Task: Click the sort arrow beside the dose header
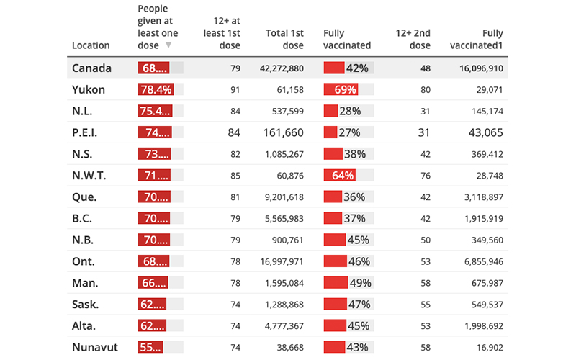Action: [x=168, y=45]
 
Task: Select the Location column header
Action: [x=91, y=45]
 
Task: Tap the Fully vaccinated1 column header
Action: [x=476, y=39]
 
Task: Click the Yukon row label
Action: [x=89, y=90]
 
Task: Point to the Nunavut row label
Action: [x=95, y=347]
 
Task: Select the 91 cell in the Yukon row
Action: [x=235, y=90]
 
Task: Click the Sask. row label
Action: [x=86, y=304]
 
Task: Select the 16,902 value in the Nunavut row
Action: [x=487, y=347]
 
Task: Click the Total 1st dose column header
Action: [x=285, y=39]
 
